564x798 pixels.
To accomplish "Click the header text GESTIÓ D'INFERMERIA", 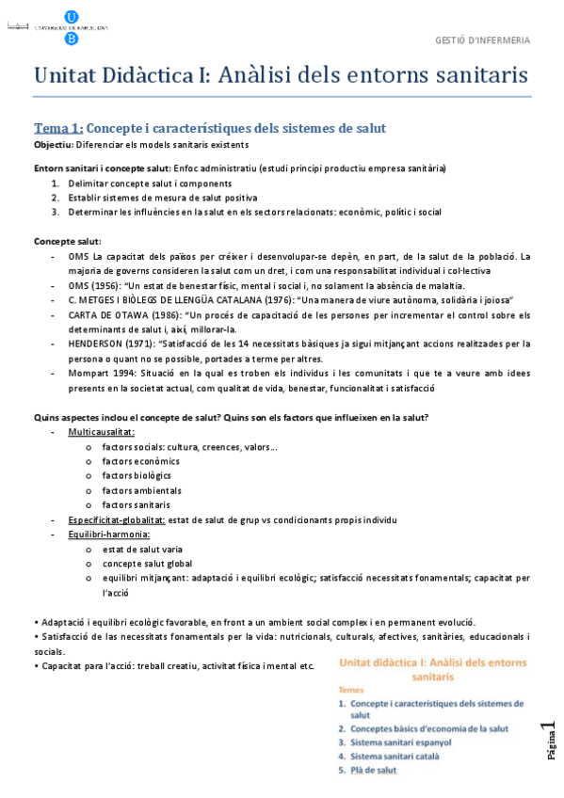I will (482, 40).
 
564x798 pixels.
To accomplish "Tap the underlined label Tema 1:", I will (58, 128).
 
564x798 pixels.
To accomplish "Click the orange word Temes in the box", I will (352, 690).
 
